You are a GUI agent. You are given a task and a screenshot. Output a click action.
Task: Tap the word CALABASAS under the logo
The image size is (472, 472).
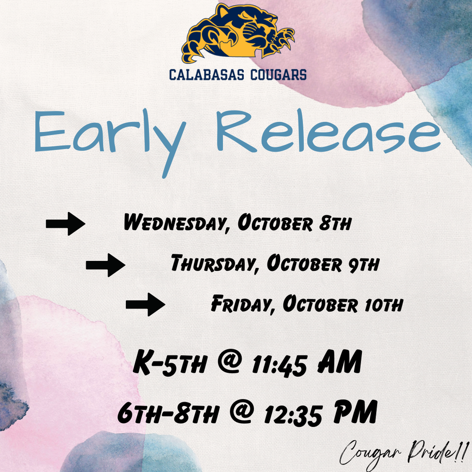pos(206,74)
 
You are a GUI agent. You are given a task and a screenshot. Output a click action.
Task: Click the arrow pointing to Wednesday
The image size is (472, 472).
pos(65,224)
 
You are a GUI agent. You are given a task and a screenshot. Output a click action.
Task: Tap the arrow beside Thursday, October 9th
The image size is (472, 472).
pos(106,265)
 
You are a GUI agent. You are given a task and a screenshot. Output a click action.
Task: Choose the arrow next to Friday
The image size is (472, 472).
pos(146,304)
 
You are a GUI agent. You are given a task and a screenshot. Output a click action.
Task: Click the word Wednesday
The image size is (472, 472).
pos(175,224)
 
